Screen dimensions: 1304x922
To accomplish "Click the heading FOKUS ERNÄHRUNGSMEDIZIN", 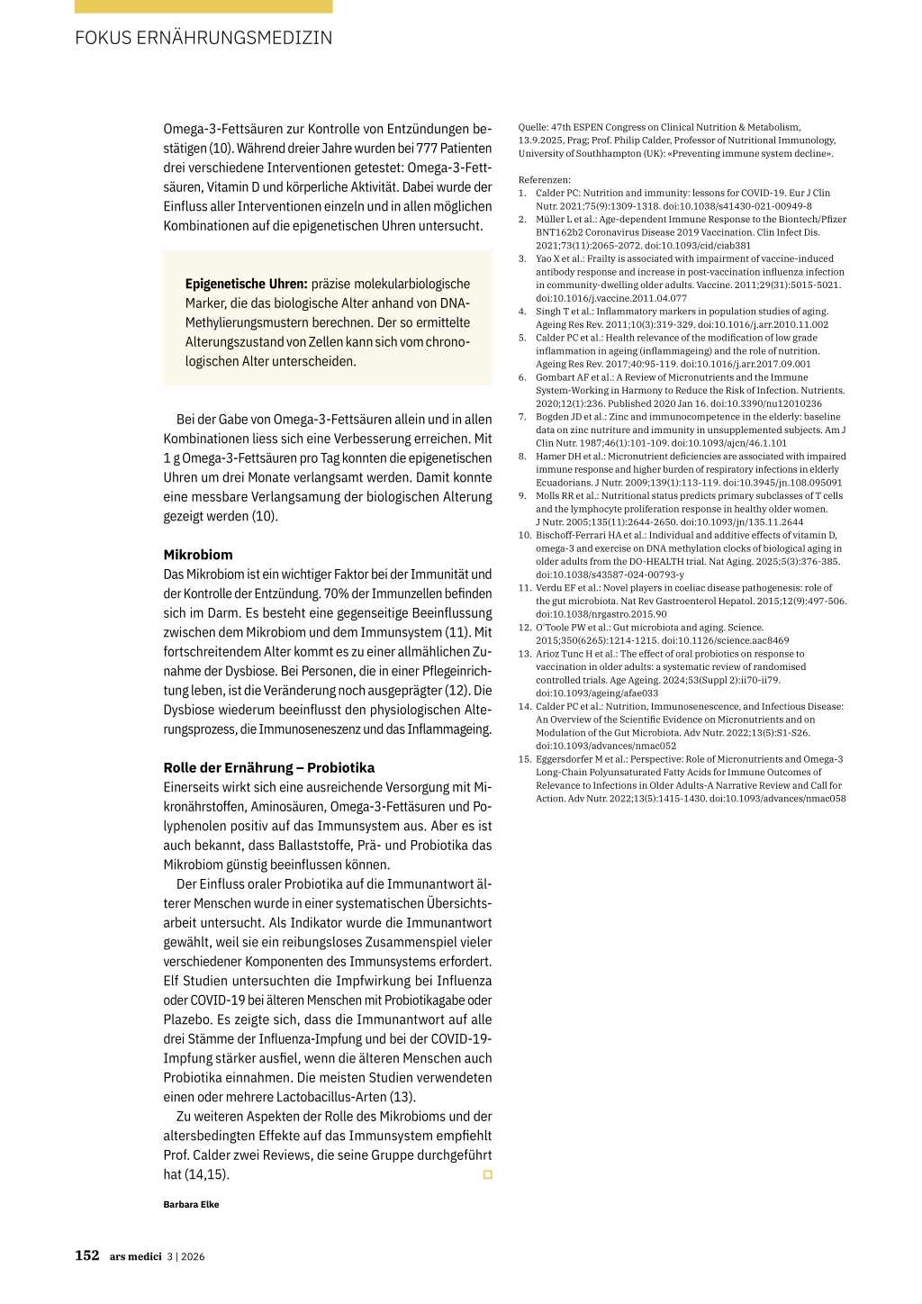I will click(203, 38).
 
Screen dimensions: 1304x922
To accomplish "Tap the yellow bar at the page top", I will click(203, 6).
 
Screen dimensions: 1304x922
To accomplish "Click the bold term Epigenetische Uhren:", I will click(246, 284).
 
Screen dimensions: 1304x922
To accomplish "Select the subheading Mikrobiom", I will click(198, 555).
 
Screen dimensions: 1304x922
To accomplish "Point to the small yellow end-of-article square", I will click(488, 1174).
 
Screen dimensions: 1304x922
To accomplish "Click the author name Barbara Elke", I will click(191, 1204).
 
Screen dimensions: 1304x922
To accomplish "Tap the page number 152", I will click(87, 1255).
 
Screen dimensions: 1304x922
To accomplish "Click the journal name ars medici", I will click(135, 1256).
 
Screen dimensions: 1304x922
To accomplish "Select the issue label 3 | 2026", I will click(185, 1256).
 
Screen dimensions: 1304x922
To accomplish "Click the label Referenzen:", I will click(544, 180).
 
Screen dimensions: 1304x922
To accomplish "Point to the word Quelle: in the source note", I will click(534, 127).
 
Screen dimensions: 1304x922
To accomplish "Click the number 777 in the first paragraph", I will click(427, 149).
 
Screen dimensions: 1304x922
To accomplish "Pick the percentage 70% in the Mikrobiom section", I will click(338, 593).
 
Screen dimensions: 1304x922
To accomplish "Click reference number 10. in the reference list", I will click(524, 535).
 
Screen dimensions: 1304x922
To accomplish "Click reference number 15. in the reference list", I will click(524, 759).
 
